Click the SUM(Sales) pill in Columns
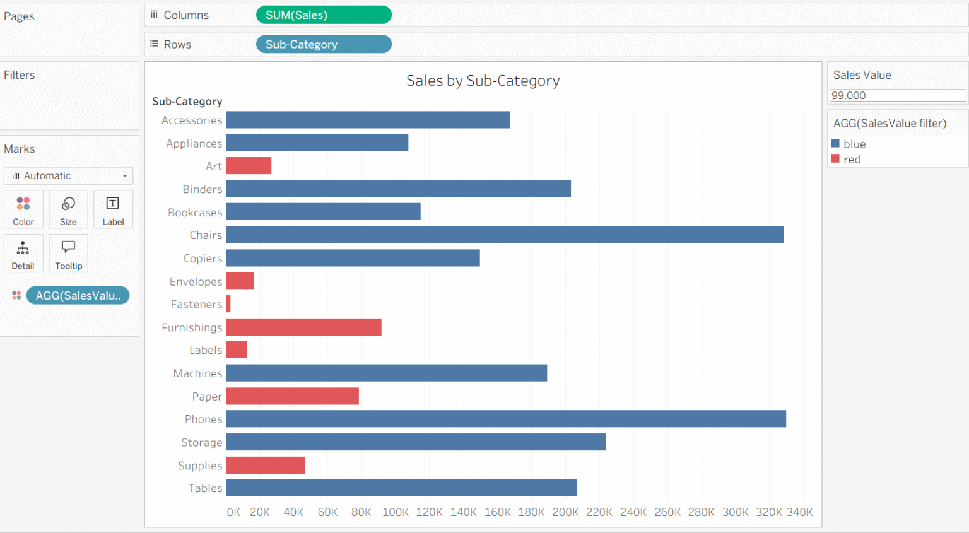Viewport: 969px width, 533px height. pos(323,15)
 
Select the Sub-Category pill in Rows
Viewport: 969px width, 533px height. pos(323,44)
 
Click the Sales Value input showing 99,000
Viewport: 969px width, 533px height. pos(896,95)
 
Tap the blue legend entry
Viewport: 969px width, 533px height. pos(854,144)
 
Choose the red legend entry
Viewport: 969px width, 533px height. pos(852,160)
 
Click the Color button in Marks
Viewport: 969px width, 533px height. pos(23,209)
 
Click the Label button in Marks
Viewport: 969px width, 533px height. pos(113,209)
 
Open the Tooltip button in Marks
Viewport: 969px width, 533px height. pos(68,254)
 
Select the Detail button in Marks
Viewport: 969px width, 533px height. pos(23,254)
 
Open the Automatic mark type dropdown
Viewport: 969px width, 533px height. pos(68,175)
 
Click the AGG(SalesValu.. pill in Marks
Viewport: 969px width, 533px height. pos(78,295)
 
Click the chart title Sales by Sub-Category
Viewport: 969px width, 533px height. pos(483,81)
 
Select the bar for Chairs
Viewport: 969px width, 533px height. pos(505,235)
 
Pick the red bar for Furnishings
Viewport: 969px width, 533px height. pos(303,327)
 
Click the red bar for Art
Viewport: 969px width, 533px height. pos(249,166)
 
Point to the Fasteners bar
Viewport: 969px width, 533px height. pos(228,304)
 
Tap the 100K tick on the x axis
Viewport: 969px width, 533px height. pos(396,512)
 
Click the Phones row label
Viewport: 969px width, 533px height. pos(203,419)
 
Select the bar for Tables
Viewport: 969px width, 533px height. pos(401,488)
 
